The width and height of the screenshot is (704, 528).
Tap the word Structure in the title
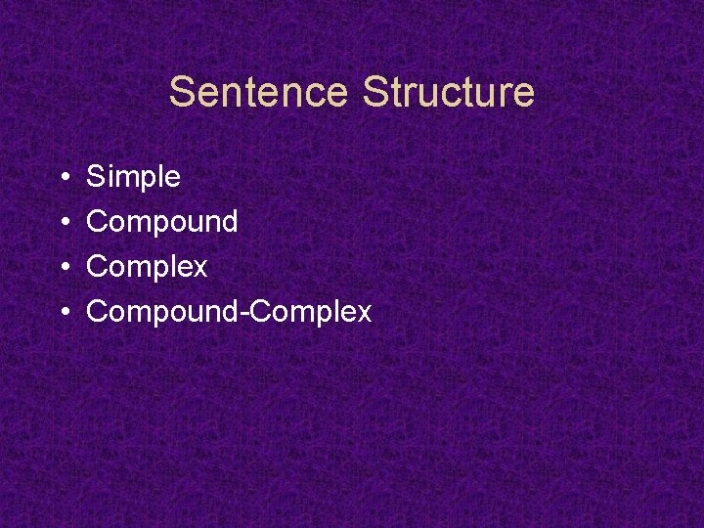tap(448, 93)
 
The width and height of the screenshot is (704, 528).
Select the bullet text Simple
tap(133, 177)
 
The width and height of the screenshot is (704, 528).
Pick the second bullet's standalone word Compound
tap(161, 222)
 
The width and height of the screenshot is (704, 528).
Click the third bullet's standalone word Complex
tap(147, 267)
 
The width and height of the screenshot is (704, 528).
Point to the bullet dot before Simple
tap(62, 178)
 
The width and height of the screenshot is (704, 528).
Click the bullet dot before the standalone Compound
tap(62, 223)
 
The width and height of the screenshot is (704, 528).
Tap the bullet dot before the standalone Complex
tap(62, 268)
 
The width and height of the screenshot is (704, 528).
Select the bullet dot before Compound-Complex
tap(62, 313)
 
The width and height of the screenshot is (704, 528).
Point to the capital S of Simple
tap(96, 177)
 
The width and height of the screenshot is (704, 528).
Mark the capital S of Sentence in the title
tap(182, 93)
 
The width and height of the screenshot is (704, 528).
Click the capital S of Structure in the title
tap(374, 93)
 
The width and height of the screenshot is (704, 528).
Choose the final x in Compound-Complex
tap(365, 314)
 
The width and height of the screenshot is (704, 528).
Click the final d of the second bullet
tap(230, 222)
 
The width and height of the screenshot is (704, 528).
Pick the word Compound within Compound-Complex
tap(161, 312)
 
